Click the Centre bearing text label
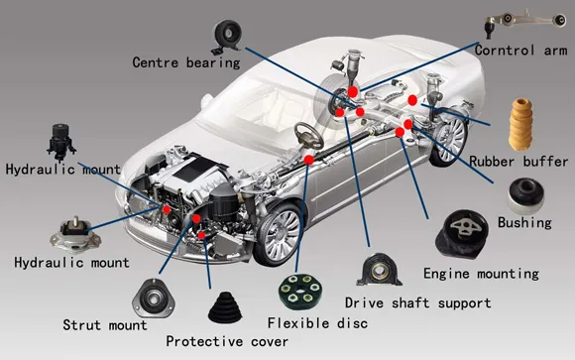point(186,62)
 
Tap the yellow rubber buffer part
point(521,124)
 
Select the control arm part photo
point(524,23)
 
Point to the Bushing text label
point(524,223)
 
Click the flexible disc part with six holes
point(299,293)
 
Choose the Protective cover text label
point(227,341)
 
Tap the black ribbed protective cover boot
point(225,307)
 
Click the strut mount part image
point(154,298)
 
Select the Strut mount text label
point(105,325)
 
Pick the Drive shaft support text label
point(417,303)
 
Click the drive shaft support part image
point(379,270)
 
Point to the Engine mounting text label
point(481,274)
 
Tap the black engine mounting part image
point(462,235)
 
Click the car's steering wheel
point(308,136)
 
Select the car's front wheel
point(281,234)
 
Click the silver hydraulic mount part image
point(75,235)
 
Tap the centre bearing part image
point(227,37)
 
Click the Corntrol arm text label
point(520,51)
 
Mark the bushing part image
point(525,195)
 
